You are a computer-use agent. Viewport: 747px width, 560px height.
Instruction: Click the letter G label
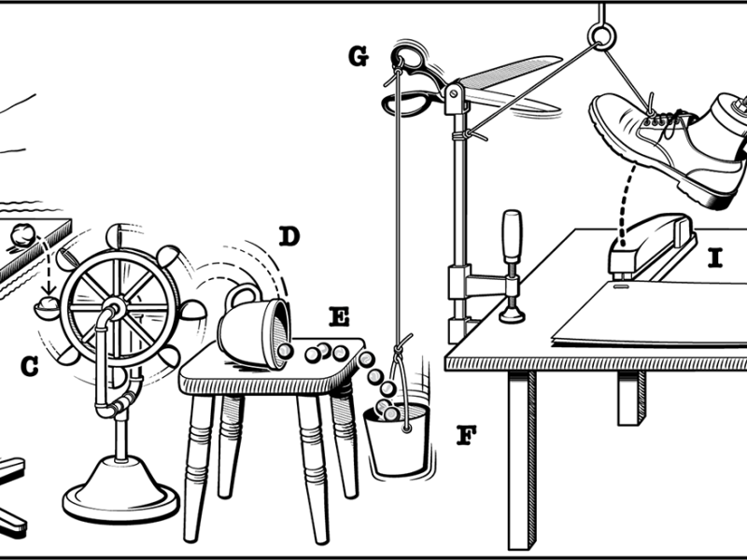[357, 57]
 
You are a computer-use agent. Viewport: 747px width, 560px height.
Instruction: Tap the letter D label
[289, 236]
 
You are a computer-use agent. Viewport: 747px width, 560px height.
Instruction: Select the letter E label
[339, 317]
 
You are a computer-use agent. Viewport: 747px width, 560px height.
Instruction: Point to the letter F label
[467, 434]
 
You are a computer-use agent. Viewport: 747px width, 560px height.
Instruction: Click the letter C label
[31, 368]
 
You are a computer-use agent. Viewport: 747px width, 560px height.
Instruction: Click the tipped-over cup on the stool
[257, 331]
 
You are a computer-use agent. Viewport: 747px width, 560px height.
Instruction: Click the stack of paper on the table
[654, 317]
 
